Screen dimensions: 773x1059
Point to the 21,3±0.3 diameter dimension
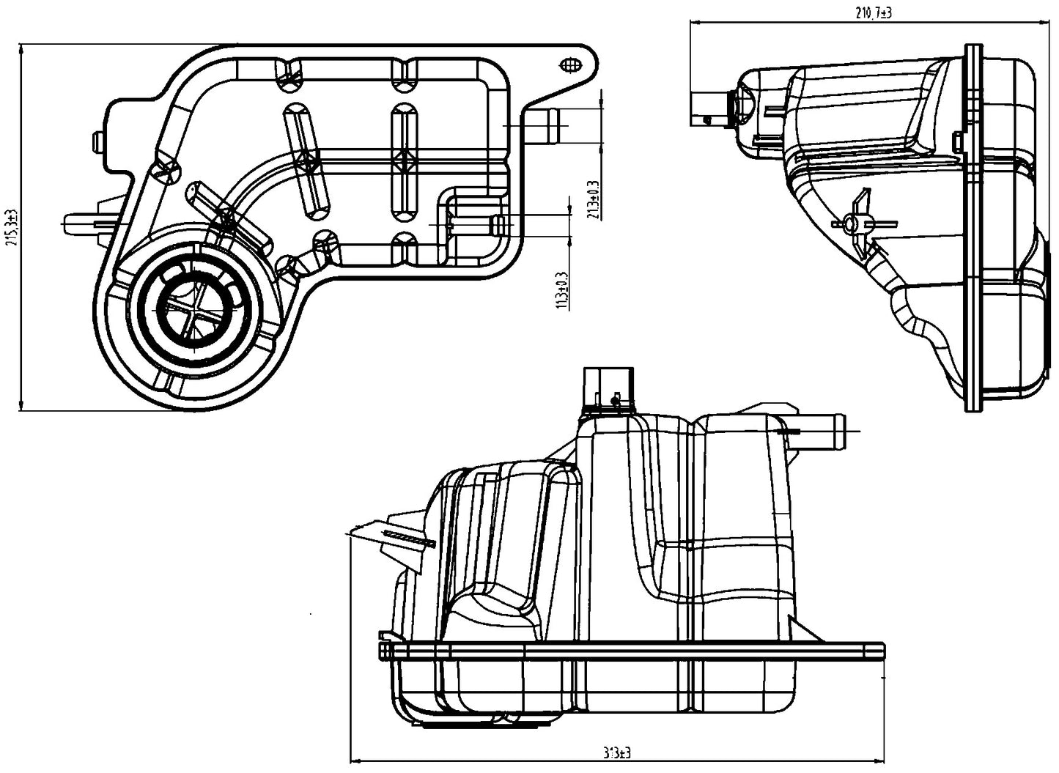pos(592,200)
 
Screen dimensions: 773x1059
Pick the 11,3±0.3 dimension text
pos(563,289)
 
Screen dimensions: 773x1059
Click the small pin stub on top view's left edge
pos(97,141)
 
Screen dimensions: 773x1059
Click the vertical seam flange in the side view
pos(974,227)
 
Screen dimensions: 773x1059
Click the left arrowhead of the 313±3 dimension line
pos(354,758)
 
